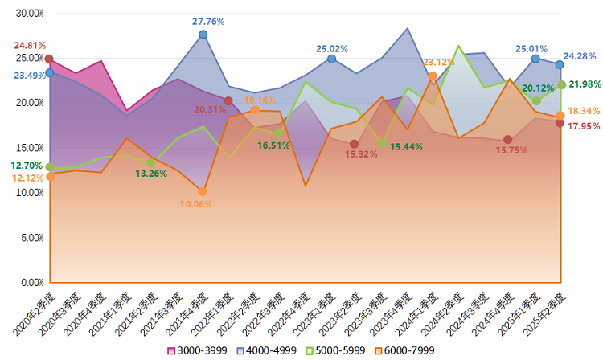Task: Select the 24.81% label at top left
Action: (x=30, y=46)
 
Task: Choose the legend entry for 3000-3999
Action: (x=198, y=351)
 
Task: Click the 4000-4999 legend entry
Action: (x=269, y=351)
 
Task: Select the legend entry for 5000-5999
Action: (x=338, y=351)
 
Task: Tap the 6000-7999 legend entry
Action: (x=407, y=351)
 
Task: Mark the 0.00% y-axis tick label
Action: (x=32, y=283)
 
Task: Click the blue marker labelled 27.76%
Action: (x=203, y=35)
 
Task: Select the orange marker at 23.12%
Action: (x=433, y=76)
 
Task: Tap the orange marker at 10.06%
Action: (x=203, y=191)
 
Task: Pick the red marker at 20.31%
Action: (x=228, y=101)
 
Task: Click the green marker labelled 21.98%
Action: (x=560, y=84)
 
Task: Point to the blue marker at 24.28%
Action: (x=560, y=64)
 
